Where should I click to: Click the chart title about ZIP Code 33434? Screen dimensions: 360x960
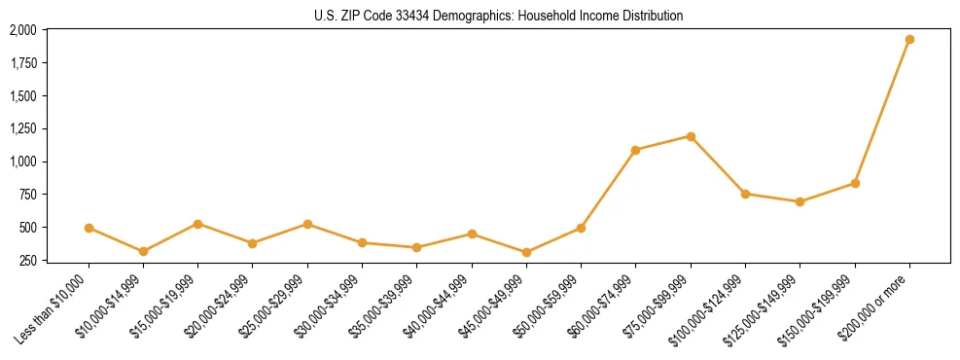480,16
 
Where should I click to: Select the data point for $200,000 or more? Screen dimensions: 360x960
909,40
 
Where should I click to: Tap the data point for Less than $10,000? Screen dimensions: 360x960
89,228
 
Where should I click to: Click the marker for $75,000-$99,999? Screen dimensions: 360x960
691,136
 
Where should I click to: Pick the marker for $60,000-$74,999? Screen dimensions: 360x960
636,150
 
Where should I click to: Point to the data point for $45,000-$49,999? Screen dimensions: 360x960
526,252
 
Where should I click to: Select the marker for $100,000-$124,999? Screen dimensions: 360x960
745,194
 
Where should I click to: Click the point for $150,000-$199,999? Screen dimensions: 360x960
855,183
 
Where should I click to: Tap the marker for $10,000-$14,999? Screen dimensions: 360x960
143,251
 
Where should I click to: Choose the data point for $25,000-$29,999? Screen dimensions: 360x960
307,224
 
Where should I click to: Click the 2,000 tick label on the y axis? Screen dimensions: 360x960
22,30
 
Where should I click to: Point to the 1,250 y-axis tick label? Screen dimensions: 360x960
22,128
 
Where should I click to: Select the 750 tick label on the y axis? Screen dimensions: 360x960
27,195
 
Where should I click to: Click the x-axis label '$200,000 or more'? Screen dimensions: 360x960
875,307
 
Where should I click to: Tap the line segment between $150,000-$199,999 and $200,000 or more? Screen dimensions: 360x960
882,111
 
